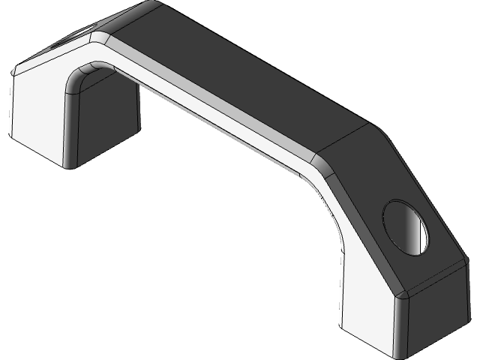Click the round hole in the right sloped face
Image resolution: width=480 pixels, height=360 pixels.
pos(406,226)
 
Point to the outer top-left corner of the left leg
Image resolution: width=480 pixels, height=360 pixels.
pos(13,72)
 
